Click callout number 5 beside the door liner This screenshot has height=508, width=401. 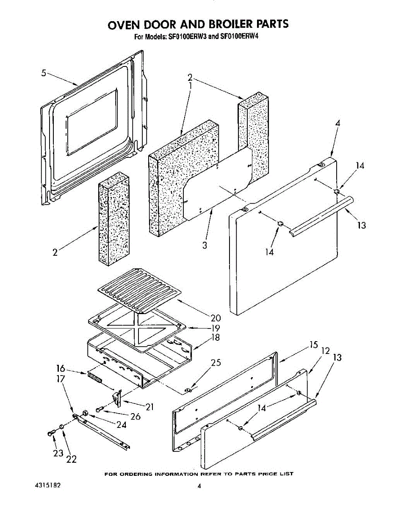tap(44, 73)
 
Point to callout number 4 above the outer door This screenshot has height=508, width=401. tap(337, 124)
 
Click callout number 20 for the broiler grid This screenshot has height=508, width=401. tap(216, 318)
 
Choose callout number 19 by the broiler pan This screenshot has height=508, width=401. tap(216, 328)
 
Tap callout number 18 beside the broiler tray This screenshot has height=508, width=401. tap(216, 338)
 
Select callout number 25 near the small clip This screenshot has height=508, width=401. tap(216, 362)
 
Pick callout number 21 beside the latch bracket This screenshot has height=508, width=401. tap(149, 407)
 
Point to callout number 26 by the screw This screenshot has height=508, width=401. tap(135, 417)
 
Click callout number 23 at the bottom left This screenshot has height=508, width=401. tap(58, 453)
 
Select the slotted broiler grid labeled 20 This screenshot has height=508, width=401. tap(140, 290)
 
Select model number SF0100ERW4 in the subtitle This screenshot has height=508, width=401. tap(239, 36)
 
